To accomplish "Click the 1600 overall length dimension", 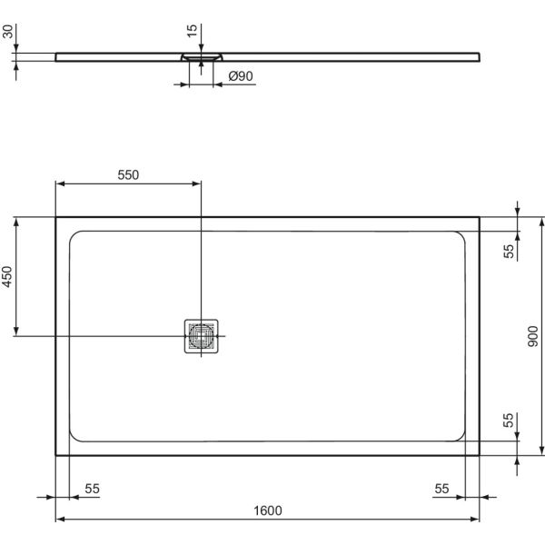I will pos(268,510).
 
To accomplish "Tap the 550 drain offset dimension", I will pos(129,175).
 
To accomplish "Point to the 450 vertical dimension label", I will pos(7,277).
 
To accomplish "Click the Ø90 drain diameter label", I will pos(240,77).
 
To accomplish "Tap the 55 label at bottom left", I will pos(92,489).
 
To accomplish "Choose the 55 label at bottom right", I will pos(441,489).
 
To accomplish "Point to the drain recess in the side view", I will pos(200,56).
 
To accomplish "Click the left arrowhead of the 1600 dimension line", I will pos(61,520).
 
